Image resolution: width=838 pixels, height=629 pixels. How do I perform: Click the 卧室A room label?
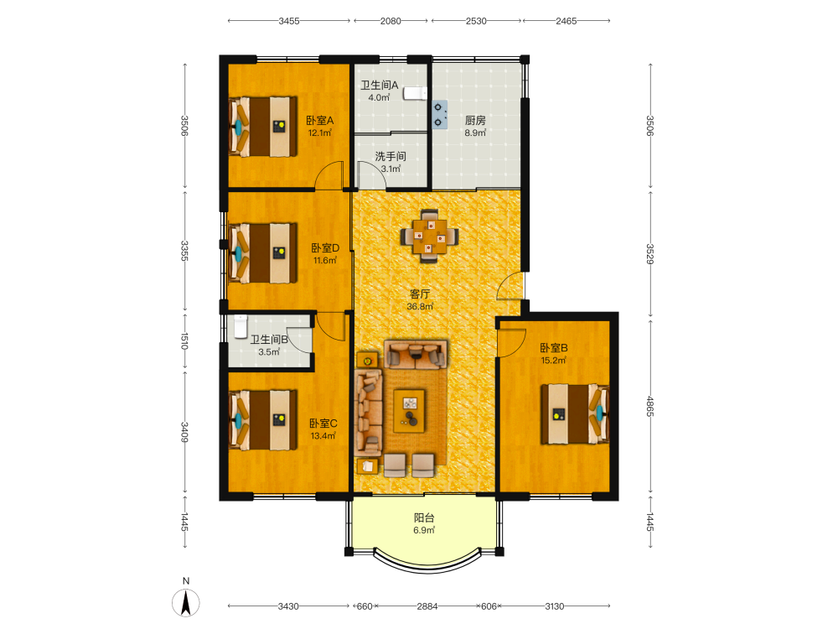[319, 120]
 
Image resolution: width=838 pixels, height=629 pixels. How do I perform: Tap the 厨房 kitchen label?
[475, 120]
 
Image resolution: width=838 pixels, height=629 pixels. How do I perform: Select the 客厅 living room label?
[420, 294]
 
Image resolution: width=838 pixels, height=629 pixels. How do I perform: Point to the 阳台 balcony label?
[424, 517]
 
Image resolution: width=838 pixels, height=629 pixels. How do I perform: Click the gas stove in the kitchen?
[440, 115]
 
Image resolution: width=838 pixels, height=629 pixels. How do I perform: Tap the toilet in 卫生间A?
[416, 94]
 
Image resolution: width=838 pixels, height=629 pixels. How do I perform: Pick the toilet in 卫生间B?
[241, 326]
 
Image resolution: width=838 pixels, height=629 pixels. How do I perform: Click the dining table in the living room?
[429, 236]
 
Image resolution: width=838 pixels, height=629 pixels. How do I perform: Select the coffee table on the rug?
[410, 410]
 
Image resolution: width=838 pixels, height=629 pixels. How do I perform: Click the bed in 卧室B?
[575, 414]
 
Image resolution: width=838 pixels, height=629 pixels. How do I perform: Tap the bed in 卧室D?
[262, 253]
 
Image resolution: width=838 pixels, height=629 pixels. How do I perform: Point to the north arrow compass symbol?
[186, 603]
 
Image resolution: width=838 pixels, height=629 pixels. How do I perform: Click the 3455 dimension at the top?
[288, 21]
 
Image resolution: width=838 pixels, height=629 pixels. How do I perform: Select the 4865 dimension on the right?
[650, 407]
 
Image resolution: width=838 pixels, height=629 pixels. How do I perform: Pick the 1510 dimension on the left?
[184, 340]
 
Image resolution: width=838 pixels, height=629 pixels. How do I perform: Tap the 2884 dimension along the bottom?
[427, 606]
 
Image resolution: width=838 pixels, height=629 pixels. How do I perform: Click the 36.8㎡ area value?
[420, 306]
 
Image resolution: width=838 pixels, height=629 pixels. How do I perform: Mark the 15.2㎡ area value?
[553, 361]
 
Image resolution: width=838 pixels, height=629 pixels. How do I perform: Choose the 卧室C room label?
[323, 423]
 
